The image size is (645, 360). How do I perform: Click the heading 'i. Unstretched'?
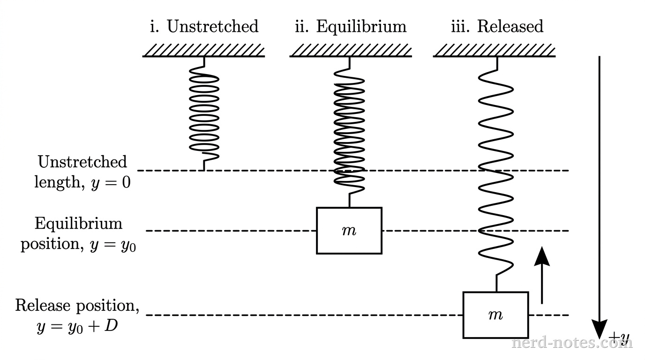coord(204,26)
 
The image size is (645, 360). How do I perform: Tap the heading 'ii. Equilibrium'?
coord(351,26)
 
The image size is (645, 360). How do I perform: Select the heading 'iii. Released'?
coord(497,26)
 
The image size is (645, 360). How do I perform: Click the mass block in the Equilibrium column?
coord(349,231)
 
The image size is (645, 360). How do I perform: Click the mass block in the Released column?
coord(495,315)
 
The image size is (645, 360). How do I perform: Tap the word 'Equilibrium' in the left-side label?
coord(78,223)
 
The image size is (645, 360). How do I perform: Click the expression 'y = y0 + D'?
coord(77,326)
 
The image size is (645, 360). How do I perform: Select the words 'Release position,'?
coord(77,306)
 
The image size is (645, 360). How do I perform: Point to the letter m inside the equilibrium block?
coord(349,231)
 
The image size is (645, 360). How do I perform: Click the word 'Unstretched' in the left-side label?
coord(82,162)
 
